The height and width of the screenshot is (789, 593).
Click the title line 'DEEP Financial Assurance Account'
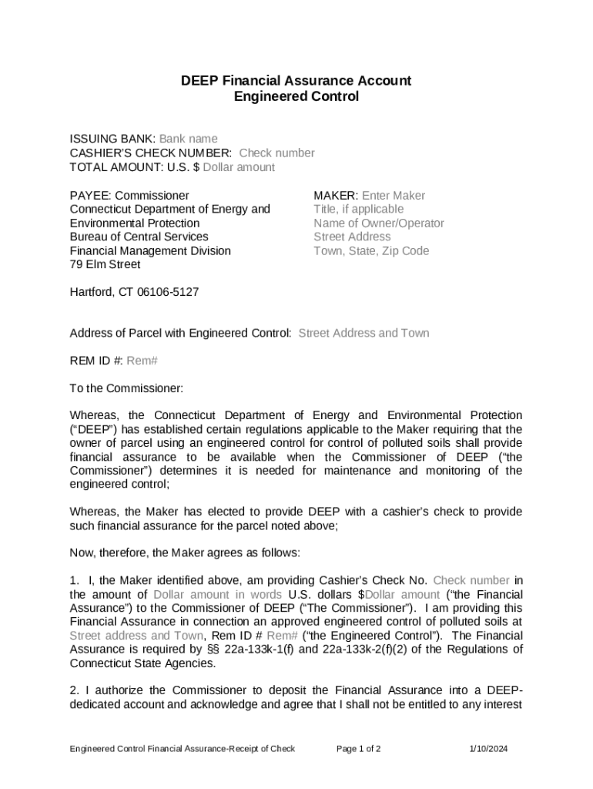(296, 80)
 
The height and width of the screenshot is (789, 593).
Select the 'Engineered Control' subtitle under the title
(296, 96)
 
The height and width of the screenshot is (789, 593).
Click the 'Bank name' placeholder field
(188, 139)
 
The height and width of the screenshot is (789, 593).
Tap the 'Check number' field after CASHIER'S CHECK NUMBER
(276, 153)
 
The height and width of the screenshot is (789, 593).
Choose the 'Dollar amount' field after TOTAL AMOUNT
(239, 167)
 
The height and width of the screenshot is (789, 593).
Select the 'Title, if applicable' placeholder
(358, 210)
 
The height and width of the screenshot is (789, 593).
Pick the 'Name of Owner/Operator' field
(378, 223)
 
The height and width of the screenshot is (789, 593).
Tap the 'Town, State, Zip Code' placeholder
(371, 251)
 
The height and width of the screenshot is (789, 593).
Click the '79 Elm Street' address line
(105, 265)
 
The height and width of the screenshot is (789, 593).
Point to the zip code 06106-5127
(169, 293)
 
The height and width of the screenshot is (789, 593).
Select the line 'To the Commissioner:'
(126, 388)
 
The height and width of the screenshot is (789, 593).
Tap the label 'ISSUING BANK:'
(112, 139)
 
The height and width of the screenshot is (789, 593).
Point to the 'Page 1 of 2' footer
(359, 749)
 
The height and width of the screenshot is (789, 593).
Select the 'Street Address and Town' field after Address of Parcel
(364, 334)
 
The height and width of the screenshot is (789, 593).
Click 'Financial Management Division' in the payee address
(150, 251)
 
